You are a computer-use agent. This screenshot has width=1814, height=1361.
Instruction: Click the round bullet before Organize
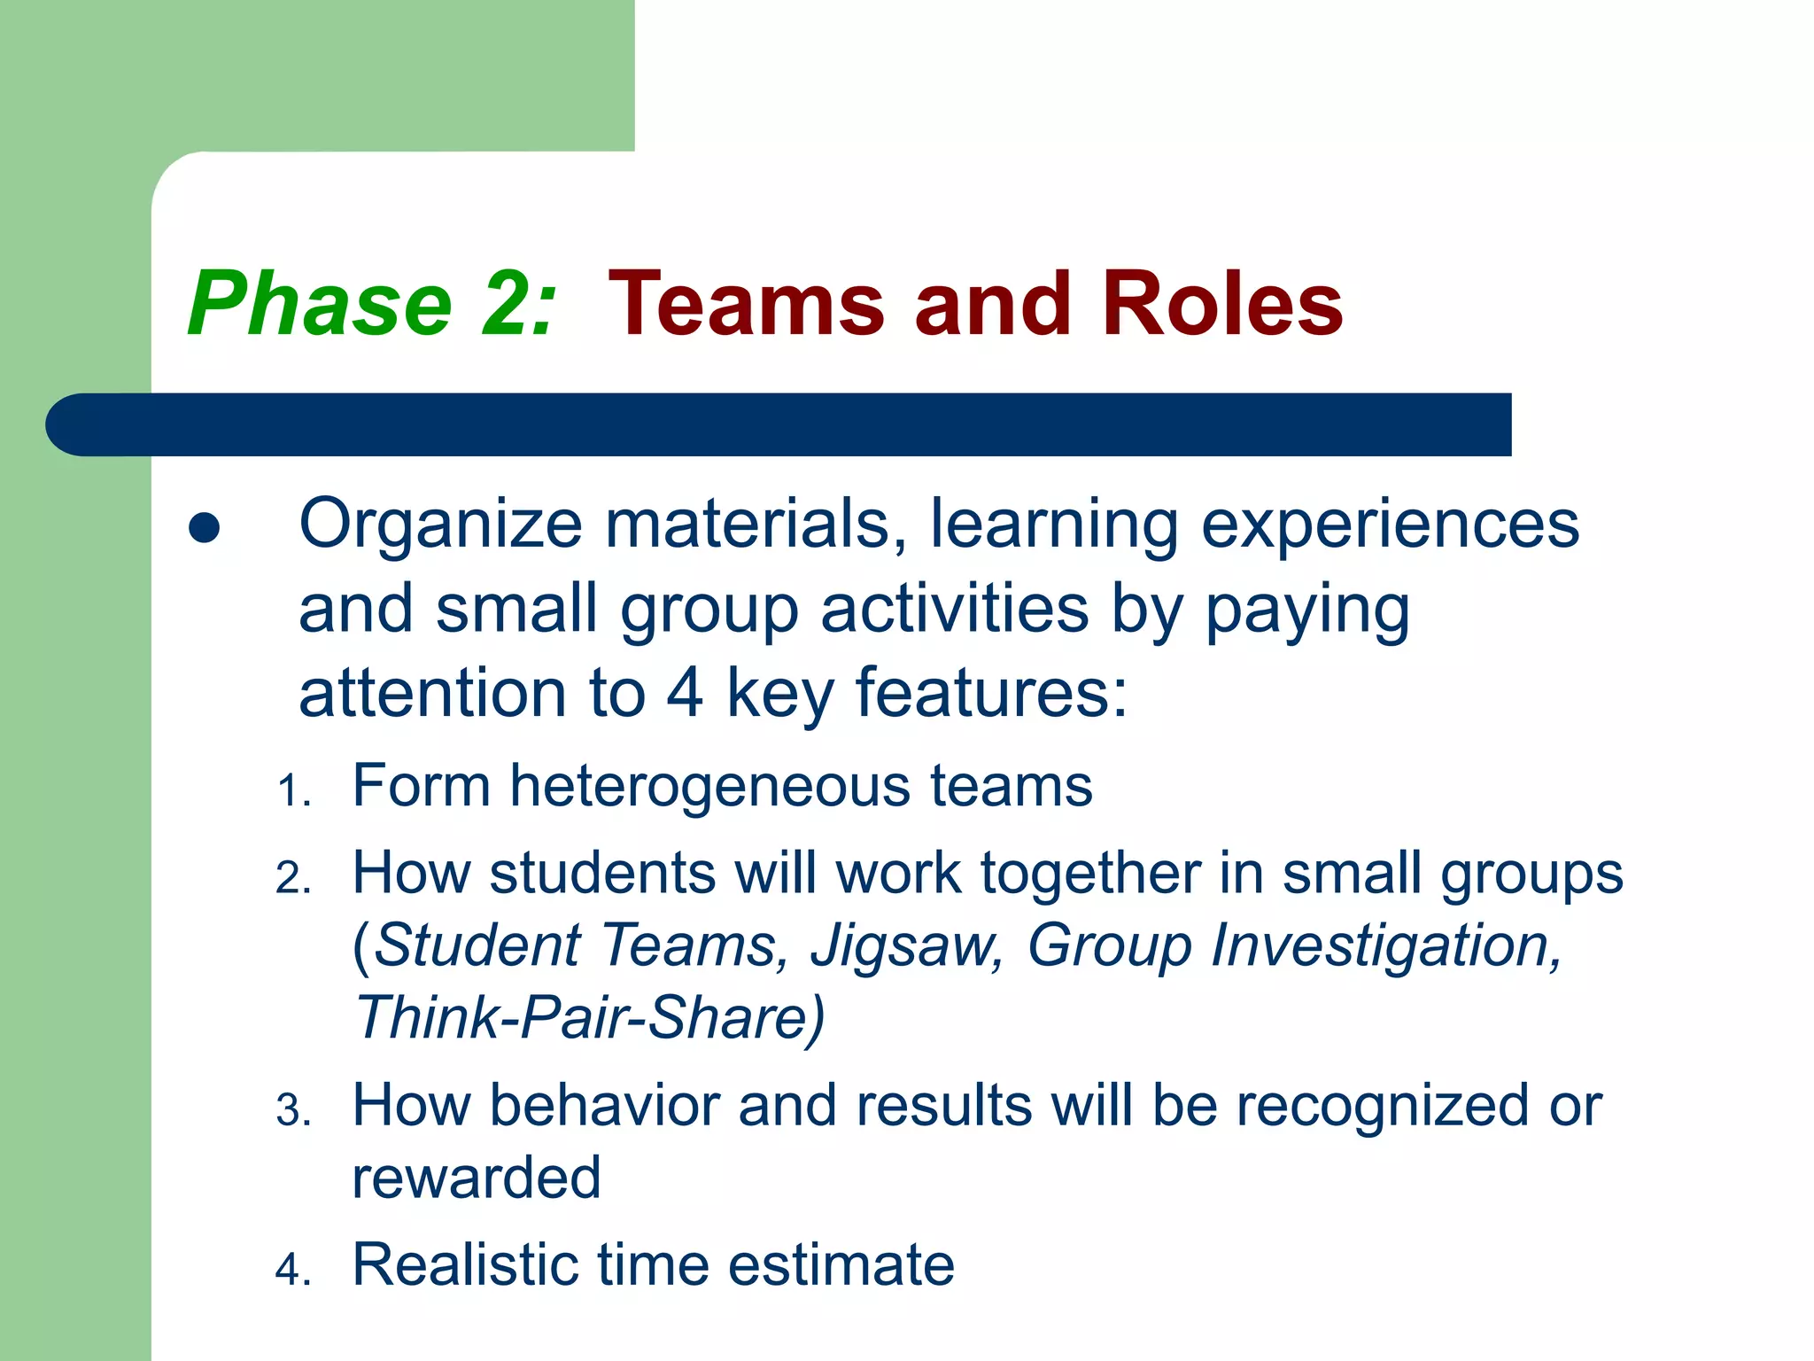coord(205,528)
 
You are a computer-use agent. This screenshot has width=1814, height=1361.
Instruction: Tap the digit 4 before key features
coord(685,693)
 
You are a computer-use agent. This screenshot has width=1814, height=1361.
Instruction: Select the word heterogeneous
coord(709,787)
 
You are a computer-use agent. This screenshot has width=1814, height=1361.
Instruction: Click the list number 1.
coord(292,791)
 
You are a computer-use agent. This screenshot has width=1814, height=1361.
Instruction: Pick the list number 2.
coord(292,879)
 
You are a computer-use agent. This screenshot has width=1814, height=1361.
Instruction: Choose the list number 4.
coord(292,1270)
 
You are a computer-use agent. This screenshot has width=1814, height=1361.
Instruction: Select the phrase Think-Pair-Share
coord(588,1017)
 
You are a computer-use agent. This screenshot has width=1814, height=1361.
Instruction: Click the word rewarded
coord(477,1178)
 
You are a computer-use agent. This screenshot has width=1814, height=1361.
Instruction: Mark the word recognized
coord(1383,1108)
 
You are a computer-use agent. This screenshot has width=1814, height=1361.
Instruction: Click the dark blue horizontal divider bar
coord(779,424)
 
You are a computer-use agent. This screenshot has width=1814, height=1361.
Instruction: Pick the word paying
coord(1307,611)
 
